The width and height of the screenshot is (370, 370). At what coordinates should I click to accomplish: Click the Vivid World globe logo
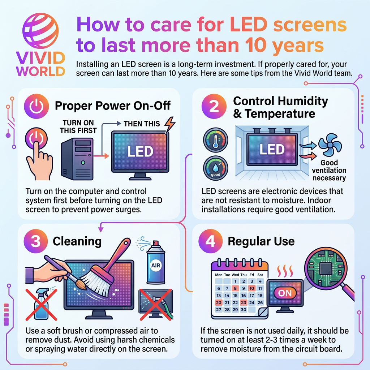pos(40,31)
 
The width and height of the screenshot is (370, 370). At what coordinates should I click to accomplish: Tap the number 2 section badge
pos(214,106)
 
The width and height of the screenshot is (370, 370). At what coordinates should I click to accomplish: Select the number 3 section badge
pos(36,241)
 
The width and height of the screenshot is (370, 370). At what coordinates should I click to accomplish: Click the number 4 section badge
pos(210,241)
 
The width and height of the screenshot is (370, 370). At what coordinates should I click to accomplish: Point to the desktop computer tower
pos(77,159)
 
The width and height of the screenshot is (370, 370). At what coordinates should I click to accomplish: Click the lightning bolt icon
pos(169,125)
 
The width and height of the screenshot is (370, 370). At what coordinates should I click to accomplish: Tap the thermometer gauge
pos(215,140)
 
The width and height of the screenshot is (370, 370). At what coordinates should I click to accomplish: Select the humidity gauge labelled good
pos(215,168)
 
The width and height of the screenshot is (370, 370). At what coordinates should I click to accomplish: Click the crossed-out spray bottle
pos(41,304)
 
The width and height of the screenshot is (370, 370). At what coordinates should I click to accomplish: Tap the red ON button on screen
pos(285,293)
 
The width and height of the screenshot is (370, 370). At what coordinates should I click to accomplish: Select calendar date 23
pos(243,302)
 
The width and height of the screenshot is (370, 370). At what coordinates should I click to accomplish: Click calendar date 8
pos(235,288)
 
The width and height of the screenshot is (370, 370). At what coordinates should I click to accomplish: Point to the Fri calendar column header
pos(252,275)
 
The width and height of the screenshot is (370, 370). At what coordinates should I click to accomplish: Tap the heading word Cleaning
pos(77,241)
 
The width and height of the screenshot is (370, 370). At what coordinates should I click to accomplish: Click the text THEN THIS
pos(142,124)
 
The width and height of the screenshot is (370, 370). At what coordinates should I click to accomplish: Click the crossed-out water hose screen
pos(156,304)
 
